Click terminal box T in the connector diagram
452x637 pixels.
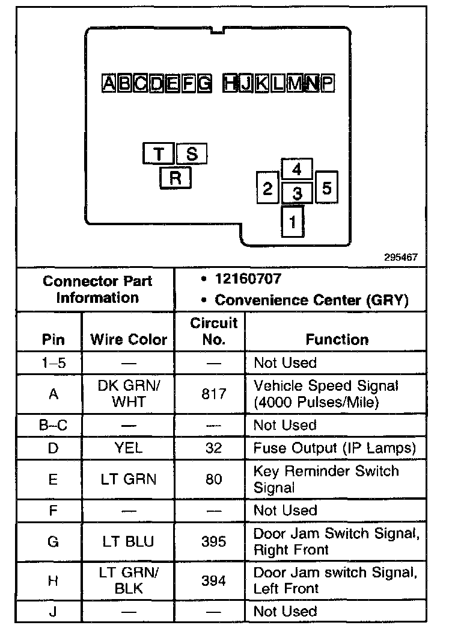click(159, 154)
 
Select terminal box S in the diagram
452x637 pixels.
click(192, 154)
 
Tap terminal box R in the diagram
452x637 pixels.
click(175, 178)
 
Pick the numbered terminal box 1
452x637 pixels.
click(293, 222)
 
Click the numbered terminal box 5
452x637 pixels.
click(326, 188)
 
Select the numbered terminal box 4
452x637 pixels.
click(296, 169)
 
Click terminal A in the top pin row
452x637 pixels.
click(109, 83)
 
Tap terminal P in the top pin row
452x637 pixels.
click(326, 83)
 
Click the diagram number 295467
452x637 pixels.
click(401, 257)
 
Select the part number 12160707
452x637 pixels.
click(248, 279)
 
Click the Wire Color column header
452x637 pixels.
click(129, 340)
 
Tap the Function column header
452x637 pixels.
click(337, 340)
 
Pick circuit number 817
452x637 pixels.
click(214, 394)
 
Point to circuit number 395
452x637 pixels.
click(214, 542)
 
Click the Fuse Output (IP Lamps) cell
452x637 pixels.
click(335, 449)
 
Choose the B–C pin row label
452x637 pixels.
click(53, 425)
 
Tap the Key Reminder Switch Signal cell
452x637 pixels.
click(326, 479)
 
